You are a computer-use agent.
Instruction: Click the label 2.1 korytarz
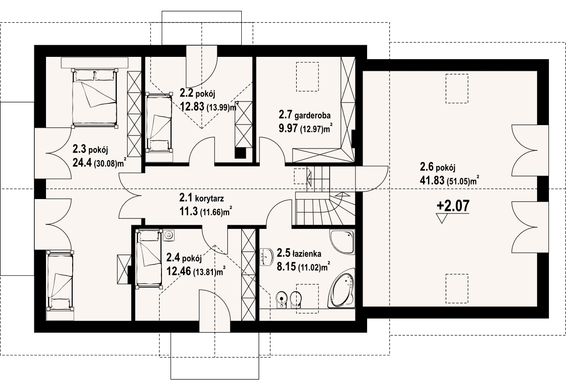click(202, 198)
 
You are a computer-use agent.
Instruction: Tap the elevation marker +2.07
click(453, 205)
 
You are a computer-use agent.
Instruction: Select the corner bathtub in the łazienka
click(341, 292)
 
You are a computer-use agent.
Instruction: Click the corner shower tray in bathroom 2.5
click(342, 242)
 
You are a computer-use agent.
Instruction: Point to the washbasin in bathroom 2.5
click(267, 257)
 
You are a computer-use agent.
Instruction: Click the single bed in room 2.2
click(159, 122)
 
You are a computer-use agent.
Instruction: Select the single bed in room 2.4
click(149, 259)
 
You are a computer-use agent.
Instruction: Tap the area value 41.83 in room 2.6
click(432, 181)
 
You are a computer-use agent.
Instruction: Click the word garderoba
click(313, 116)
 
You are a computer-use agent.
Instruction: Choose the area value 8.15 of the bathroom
click(286, 267)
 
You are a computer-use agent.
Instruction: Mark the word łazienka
click(307, 254)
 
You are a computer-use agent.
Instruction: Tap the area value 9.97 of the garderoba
click(288, 129)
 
